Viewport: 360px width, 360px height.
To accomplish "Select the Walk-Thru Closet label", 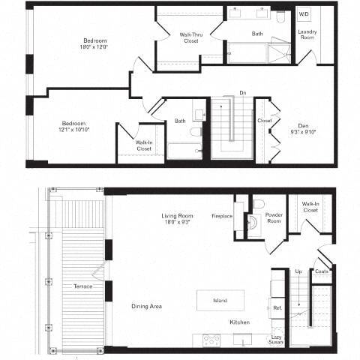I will (x=190, y=37).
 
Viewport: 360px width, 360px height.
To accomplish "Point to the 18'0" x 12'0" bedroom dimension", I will (x=94, y=46).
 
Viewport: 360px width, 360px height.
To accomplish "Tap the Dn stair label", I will (x=242, y=92).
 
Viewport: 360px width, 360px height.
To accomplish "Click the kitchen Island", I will (x=220, y=300).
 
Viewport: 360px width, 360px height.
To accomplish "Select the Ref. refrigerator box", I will (x=277, y=307).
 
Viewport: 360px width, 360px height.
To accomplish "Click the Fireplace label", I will (x=222, y=216).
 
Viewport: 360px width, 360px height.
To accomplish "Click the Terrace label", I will (x=82, y=286).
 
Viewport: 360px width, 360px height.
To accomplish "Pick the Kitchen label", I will (x=239, y=322).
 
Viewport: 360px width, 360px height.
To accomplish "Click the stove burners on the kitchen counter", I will (x=211, y=340).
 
